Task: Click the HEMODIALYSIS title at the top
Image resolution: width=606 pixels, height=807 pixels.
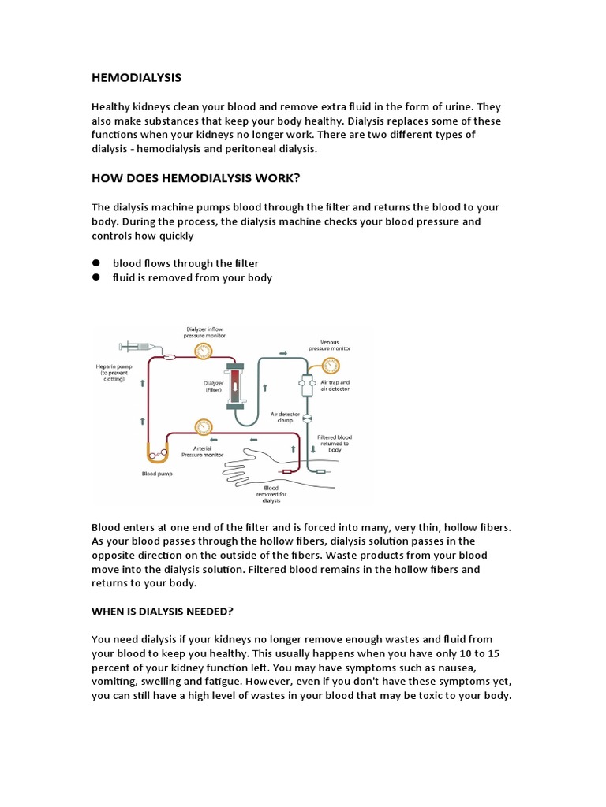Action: click(x=137, y=77)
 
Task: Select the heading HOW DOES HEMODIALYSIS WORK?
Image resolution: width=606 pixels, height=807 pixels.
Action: click(x=196, y=178)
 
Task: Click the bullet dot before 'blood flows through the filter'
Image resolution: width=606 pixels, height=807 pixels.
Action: click(x=96, y=263)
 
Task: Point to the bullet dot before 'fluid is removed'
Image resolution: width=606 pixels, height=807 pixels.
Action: click(x=96, y=277)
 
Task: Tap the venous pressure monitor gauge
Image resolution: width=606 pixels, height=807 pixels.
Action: click(x=330, y=365)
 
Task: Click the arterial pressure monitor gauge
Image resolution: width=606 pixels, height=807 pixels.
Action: click(x=204, y=426)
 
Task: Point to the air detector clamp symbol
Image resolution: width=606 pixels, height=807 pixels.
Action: click(x=308, y=418)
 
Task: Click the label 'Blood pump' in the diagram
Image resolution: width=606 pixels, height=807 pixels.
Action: click(x=157, y=474)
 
